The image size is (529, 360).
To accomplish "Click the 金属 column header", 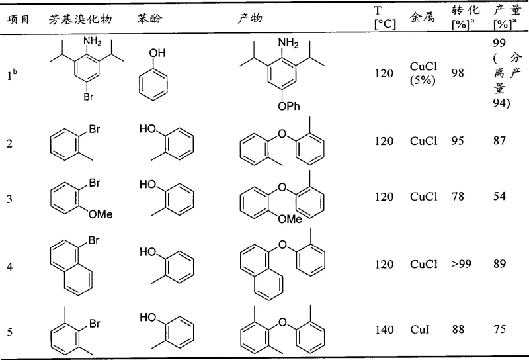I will click(422, 19).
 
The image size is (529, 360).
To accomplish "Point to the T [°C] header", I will click(384, 19).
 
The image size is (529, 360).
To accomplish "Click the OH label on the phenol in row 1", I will click(159, 53).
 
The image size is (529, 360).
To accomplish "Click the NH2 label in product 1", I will click(289, 43).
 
